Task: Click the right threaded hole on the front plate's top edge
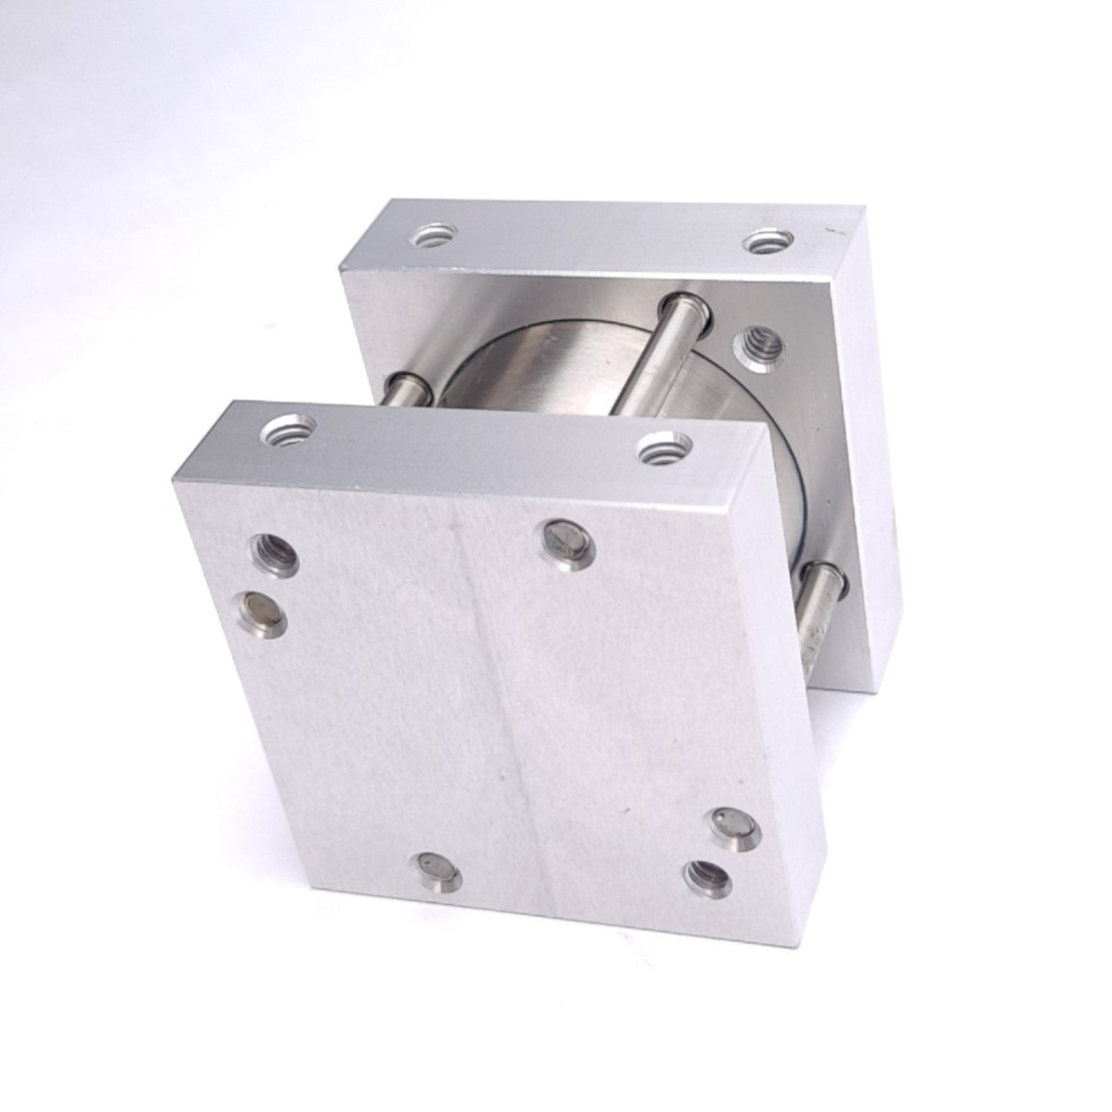[664, 446]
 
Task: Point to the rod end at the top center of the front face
[568, 538]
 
